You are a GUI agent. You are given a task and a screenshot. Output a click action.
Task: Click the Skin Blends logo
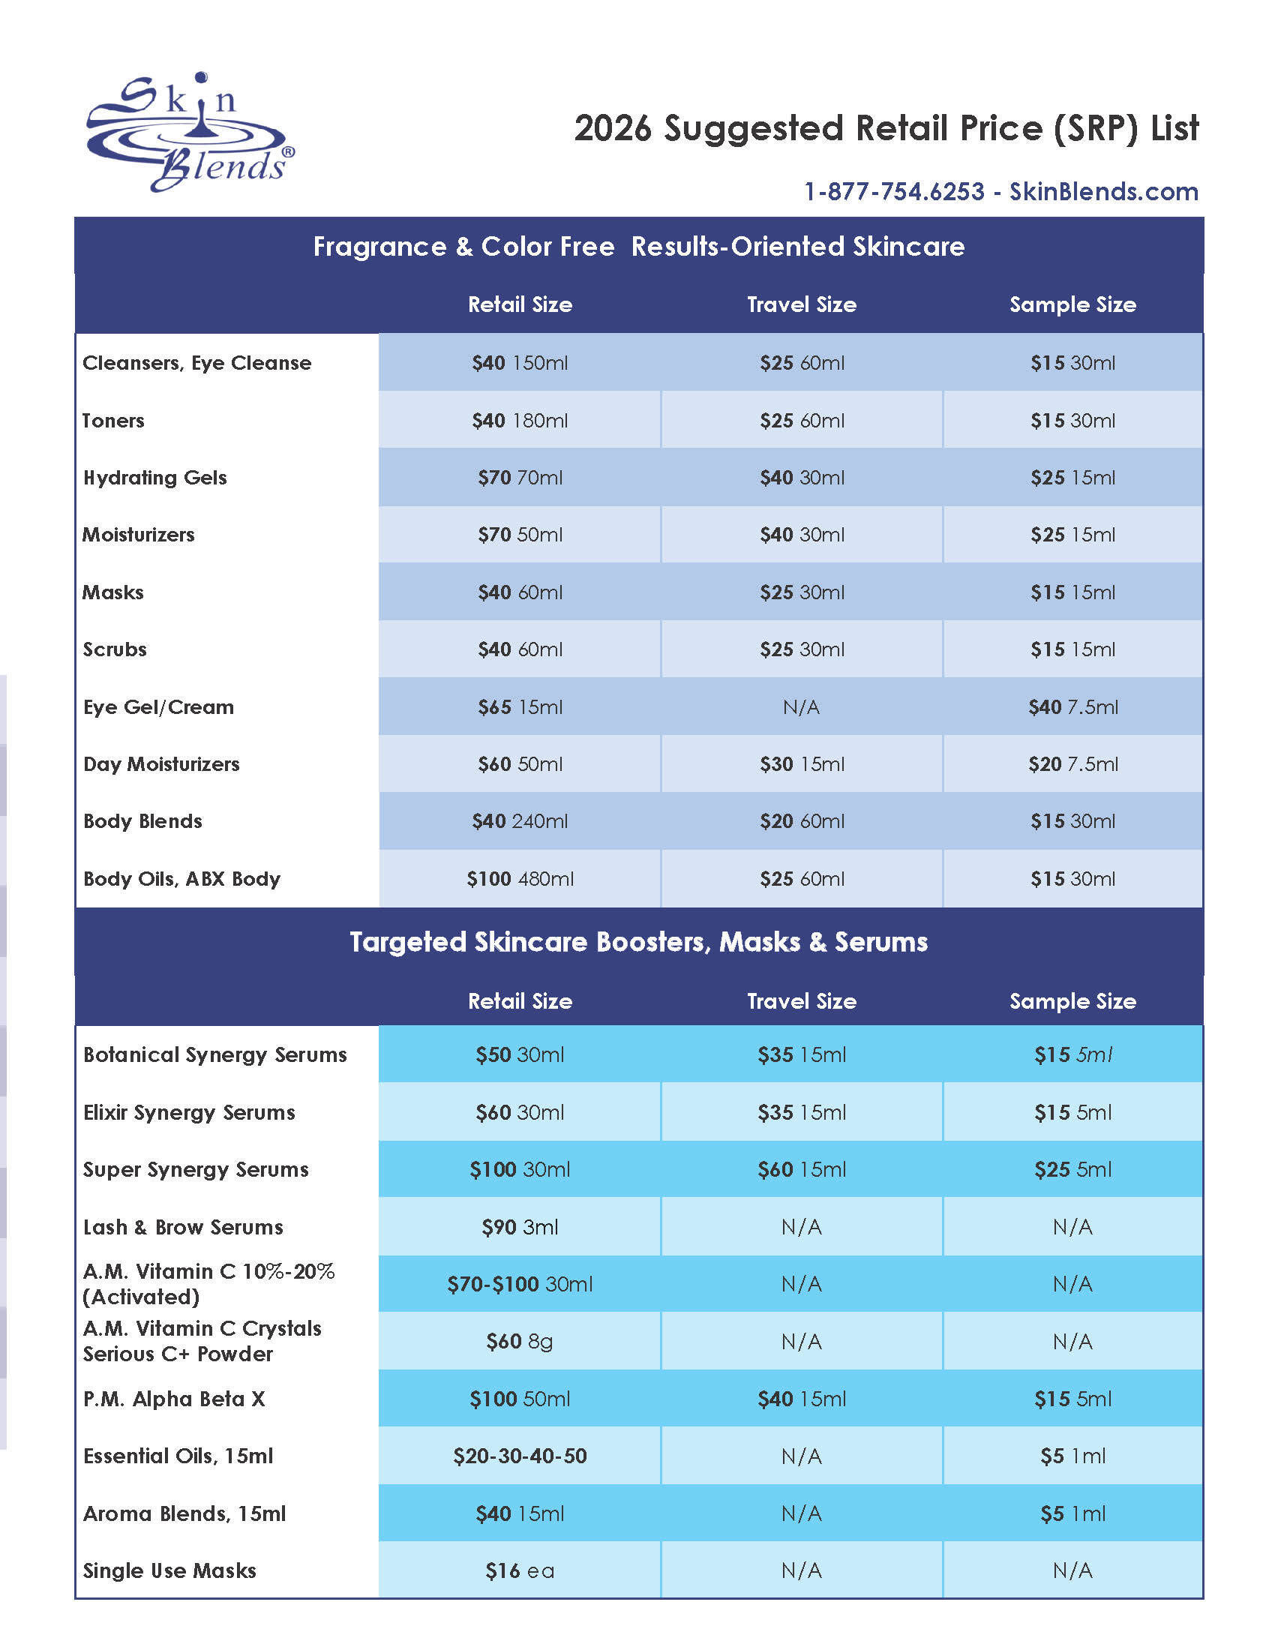point(190,133)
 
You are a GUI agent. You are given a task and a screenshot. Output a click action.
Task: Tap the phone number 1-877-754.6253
point(893,192)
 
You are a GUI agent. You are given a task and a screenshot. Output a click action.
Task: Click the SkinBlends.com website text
point(1103,192)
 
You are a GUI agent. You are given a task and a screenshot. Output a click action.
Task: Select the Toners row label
point(113,421)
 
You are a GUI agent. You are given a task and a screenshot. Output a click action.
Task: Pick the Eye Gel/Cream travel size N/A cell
point(802,707)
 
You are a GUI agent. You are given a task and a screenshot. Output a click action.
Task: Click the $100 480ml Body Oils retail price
point(520,879)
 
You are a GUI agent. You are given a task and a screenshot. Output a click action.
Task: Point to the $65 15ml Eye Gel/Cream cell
point(520,707)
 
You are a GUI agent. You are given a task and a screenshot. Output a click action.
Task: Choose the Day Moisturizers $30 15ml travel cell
point(802,764)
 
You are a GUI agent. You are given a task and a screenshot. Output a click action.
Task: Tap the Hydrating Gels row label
point(154,478)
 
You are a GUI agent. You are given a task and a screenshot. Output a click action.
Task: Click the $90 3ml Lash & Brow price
point(520,1227)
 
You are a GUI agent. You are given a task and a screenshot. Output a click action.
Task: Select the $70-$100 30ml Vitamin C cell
point(520,1284)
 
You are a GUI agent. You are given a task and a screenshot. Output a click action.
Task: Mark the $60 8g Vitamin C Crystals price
point(520,1342)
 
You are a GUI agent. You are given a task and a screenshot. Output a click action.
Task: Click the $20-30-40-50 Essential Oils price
point(520,1456)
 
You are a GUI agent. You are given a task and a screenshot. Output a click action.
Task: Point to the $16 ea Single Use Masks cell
point(520,1571)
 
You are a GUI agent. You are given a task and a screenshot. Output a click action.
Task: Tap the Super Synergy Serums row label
point(196,1169)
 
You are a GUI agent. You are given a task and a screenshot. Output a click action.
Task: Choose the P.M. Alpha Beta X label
point(174,1399)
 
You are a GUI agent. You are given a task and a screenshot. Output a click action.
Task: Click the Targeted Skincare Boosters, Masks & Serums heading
point(638,942)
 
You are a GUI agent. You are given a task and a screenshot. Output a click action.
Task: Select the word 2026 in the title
point(613,128)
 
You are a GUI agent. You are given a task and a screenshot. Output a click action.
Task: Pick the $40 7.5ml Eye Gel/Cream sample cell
point(1072,707)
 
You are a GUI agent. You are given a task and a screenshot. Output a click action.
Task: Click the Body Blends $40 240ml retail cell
point(520,821)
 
